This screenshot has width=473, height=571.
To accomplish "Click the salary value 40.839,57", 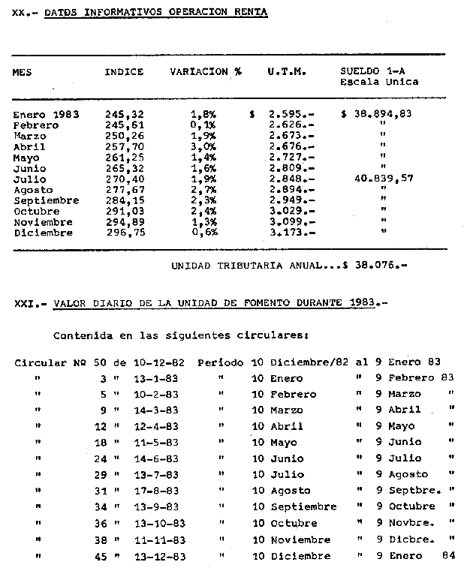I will [x=383, y=179].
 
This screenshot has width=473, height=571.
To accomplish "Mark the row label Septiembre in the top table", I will [x=46, y=201].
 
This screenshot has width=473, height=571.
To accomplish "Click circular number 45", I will [x=104, y=556].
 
